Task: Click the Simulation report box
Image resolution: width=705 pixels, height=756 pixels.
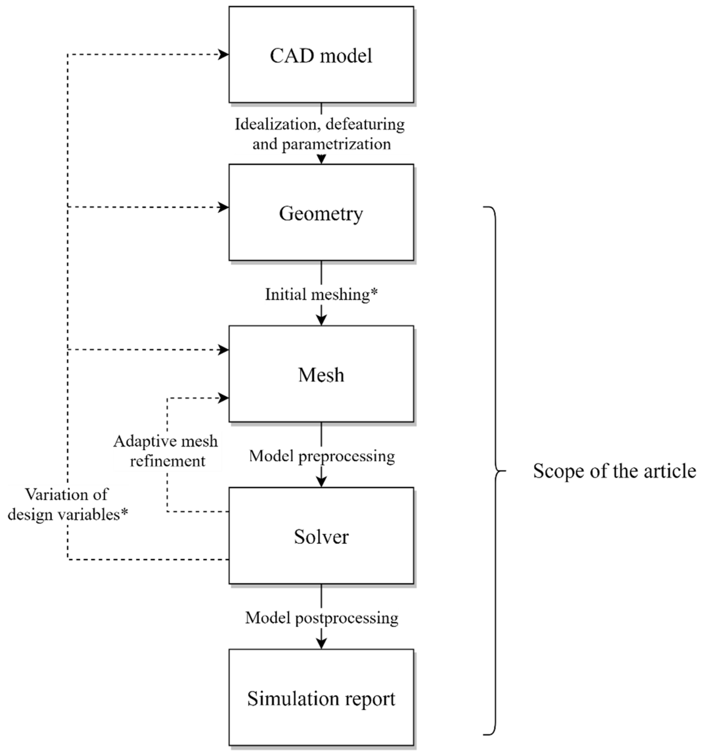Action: point(321,698)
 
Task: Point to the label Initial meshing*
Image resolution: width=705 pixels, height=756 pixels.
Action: point(321,294)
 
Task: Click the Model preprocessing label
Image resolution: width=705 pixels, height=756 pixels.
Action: point(322,456)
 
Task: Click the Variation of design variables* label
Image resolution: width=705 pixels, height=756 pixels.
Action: point(67,505)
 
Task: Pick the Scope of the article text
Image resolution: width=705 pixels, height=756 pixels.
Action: point(614,471)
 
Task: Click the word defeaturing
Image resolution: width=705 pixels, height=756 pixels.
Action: point(365,124)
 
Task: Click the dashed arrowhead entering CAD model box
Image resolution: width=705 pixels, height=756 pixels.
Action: point(224,54)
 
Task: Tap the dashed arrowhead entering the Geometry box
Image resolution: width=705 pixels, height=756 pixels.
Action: point(224,207)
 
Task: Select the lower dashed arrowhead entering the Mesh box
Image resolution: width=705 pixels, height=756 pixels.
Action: point(224,398)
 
